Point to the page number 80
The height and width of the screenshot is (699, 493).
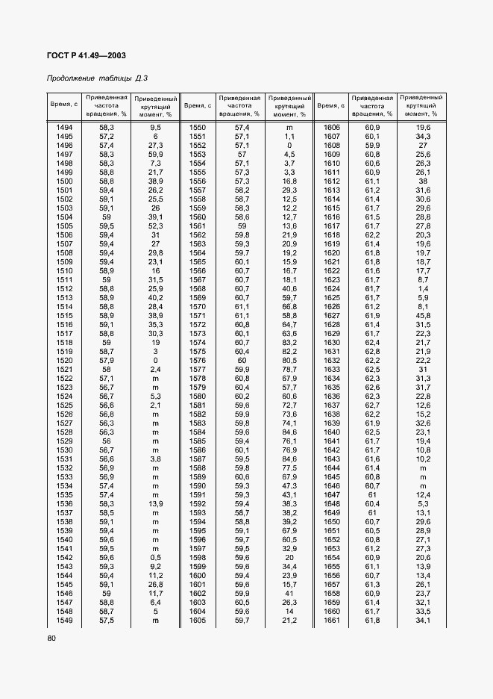pos(51,638)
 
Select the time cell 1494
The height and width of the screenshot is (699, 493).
pos(64,128)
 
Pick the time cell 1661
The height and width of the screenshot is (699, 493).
pos(331,620)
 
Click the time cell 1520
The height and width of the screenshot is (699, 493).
pos(64,360)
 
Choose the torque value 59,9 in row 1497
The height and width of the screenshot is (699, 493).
pos(155,154)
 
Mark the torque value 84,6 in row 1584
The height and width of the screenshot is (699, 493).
pos(289,432)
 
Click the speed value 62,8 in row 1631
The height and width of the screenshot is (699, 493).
pos(372,351)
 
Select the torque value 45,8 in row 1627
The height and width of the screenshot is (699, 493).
pos(423,315)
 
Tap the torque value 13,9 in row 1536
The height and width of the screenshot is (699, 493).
pos(155,503)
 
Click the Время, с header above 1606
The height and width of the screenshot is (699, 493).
pos(331,106)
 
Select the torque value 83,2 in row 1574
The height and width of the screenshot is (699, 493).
pos(289,342)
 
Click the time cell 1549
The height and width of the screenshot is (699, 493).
pos(64,620)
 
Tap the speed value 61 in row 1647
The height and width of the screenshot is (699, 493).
pos(372,494)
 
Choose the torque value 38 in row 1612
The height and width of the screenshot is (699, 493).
pos(423,181)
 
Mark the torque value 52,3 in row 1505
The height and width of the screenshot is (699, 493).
pos(155,226)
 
